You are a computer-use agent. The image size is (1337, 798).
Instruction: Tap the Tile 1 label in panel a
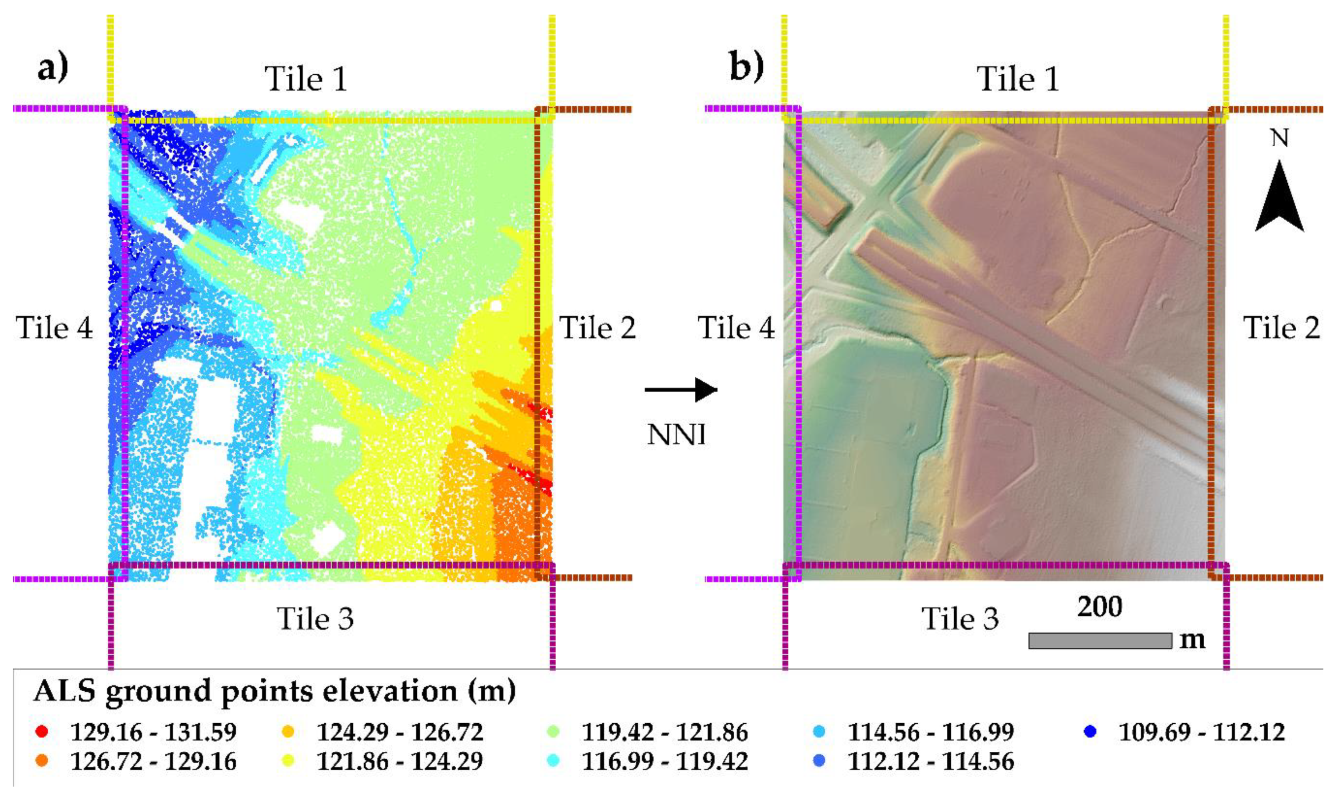click(x=306, y=79)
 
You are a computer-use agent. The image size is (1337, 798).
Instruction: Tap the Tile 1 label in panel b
click(x=1017, y=79)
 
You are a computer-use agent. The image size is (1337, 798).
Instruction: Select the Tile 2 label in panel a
click(x=598, y=328)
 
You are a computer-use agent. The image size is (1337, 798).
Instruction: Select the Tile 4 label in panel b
click(x=736, y=328)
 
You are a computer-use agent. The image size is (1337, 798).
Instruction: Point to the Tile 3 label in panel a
click(x=316, y=619)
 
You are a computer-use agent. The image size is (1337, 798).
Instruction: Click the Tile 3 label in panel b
click(x=960, y=619)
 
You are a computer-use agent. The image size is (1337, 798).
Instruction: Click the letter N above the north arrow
click(x=1279, y=139)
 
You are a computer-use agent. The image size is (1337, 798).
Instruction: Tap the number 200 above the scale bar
click(x=1100, y=607)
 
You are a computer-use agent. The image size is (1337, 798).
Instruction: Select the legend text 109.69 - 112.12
click(x=1202, y=732)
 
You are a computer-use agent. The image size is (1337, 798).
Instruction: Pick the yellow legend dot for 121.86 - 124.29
click(x=288, y=761)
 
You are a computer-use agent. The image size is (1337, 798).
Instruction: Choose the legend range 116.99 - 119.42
click(x=665, y=761)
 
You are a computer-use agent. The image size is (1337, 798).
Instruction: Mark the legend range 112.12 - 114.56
click(x=931, y=761)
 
